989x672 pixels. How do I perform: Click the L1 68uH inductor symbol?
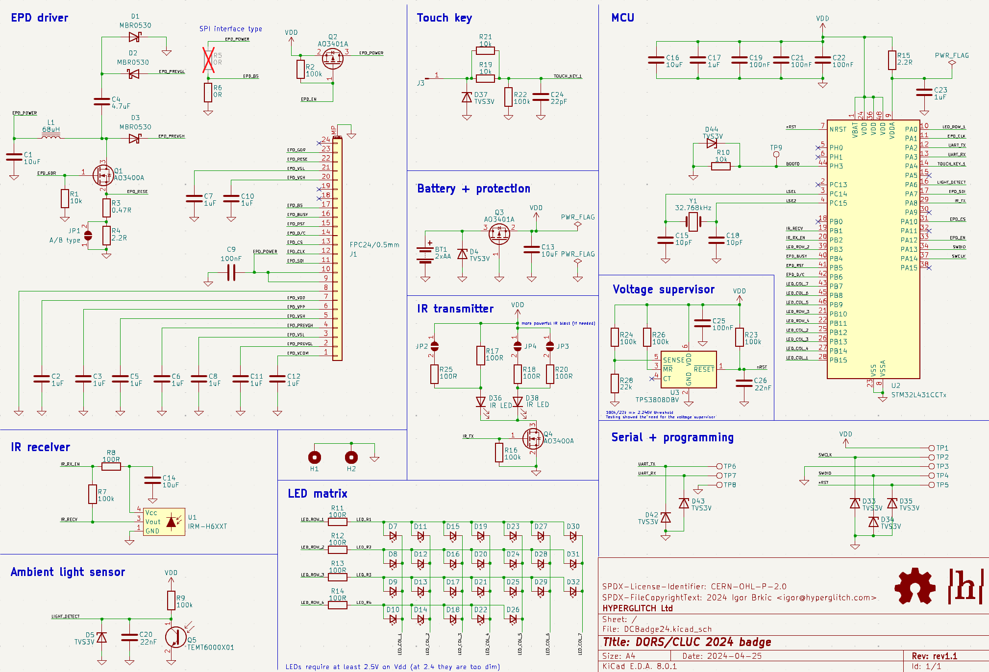click(51, 137)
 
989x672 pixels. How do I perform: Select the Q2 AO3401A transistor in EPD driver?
click(332, 58)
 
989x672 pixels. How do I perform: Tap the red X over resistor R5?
click(209, 60)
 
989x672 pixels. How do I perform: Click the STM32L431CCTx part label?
click(918, 395)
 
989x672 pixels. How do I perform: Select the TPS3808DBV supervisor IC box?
click(688, 369)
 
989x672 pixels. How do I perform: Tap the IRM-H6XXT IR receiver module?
click(165, 522)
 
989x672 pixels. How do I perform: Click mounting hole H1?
click(315, 457)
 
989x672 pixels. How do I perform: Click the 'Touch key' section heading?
click(444, 18)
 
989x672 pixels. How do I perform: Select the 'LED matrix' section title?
click(318, 494)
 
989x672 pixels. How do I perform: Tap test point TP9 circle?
click(776, 154)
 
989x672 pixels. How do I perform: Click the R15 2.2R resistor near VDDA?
click(892, 60)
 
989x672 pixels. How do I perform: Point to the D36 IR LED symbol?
click(481, 402)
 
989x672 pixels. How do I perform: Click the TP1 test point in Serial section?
click(932, 448)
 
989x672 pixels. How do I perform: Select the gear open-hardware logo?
click(915, 586)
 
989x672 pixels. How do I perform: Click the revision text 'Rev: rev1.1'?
click(934, 656)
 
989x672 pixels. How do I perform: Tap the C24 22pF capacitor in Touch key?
click(541, 97)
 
